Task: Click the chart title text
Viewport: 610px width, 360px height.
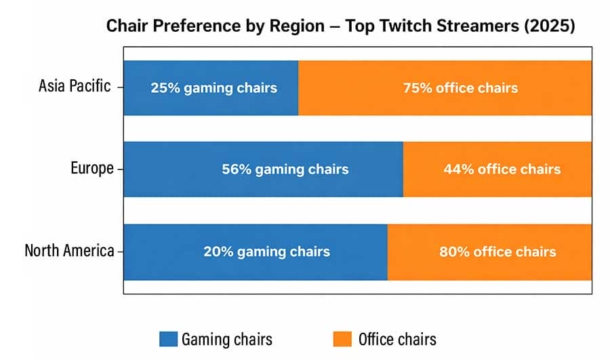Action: point(341,27)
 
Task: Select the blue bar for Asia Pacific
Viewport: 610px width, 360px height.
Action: point(211,88)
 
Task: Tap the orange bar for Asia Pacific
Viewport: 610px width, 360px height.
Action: point(445,88)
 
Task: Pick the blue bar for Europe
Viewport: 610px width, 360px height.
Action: point(263,169)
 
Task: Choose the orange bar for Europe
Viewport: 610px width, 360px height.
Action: point(497,169)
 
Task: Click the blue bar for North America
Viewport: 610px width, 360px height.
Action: point(255,252)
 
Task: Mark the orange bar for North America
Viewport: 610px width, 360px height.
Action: point(489,252)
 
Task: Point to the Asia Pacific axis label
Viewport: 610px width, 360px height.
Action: point(75,87)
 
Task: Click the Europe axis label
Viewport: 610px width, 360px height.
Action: point(92,169)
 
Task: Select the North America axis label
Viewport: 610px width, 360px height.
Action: point(69,251)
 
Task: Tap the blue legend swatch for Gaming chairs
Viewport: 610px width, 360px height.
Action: point(168,339)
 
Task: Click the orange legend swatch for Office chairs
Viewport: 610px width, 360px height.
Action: point(342,339)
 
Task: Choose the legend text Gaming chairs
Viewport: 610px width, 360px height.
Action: point(227,339)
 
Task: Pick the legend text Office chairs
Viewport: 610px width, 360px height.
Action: point(396,339)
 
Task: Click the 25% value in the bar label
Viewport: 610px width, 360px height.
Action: point(164,88)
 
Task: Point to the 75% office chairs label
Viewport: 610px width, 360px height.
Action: point(460,88)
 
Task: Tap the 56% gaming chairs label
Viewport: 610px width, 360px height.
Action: point(285,169)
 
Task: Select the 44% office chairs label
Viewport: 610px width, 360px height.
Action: point(502,169)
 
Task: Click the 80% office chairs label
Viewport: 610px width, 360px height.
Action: point(497,252)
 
